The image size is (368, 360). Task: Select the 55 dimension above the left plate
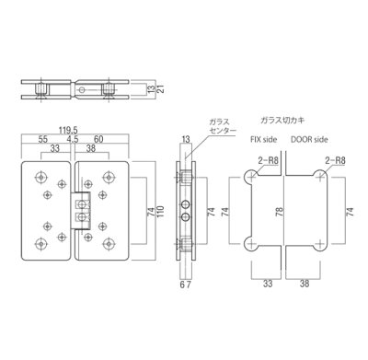tap(43, 142)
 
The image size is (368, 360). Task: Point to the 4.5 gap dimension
tap(74, 142)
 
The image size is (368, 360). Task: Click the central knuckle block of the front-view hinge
tap(76, 210)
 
